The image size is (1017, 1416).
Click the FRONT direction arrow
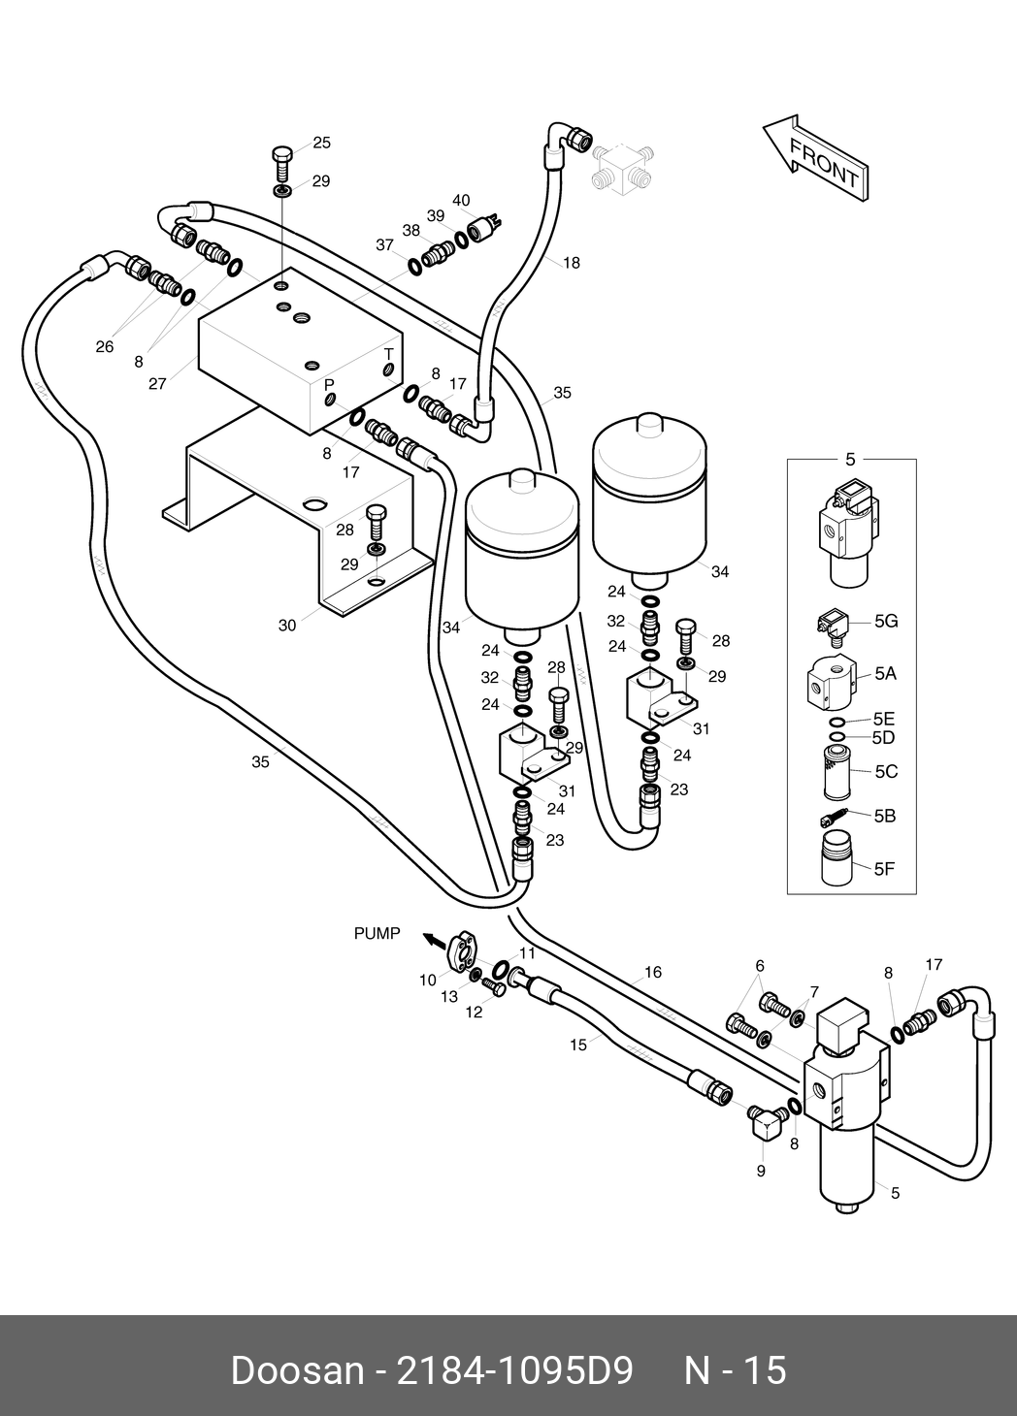coord(816,159)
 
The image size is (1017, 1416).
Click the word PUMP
coord(377,933)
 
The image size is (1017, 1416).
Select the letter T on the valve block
coord(389,354)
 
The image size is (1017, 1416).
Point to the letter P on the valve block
coord(329,384)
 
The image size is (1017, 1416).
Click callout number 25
coord(322,143)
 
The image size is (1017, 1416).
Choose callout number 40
coord(461,201)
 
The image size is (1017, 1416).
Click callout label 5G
coord(886,622)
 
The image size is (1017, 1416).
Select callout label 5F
coord(884,869)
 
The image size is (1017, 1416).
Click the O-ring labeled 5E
coord(837,723)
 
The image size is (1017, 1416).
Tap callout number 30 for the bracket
coord(287,626)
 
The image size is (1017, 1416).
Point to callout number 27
coord(157,384)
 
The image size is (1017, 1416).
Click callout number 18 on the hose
coord(572,263)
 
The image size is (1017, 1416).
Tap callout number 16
coord(653,972)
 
